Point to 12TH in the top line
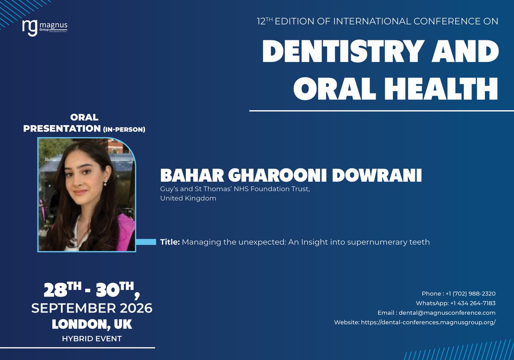264,21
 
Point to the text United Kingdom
188,198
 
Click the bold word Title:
170,242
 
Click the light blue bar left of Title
146,242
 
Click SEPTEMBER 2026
92,308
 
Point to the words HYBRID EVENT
92,339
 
